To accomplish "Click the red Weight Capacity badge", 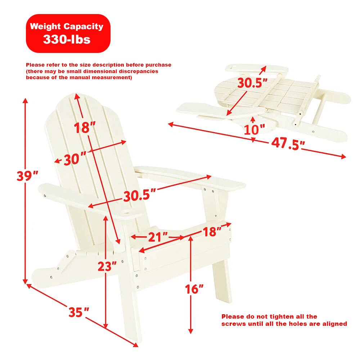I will point(68,33).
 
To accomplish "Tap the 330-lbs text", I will point(67,39).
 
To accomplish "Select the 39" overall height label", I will point(27,176).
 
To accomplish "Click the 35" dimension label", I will point(79,312).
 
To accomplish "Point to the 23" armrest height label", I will point(107,266).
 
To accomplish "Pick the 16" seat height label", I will point(194,288).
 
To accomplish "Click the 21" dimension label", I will point(158,237).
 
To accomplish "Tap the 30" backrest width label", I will point(75,159).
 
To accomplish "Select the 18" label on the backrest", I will point(85,127).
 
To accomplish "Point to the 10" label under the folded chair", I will point(254,129).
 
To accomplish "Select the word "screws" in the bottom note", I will point(234,324).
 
